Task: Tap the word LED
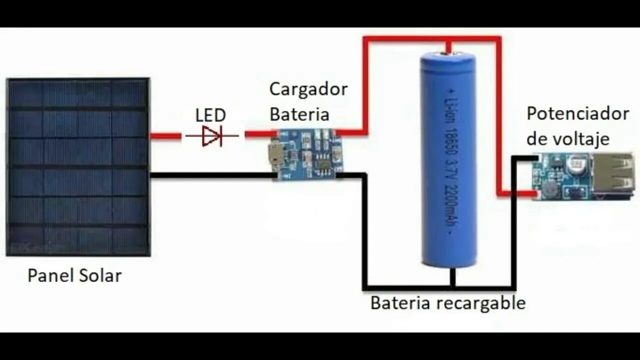pos(210,115)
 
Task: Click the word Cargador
pos(308,89)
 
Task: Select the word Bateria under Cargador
pos(299,114)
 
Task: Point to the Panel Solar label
pos(74,275)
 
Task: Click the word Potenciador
pos(577,113)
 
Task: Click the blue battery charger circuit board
pos(304,154)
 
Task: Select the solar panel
pos(78,166)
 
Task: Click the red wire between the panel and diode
pos(165,135)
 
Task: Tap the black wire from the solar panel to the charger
pos(210,175)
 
